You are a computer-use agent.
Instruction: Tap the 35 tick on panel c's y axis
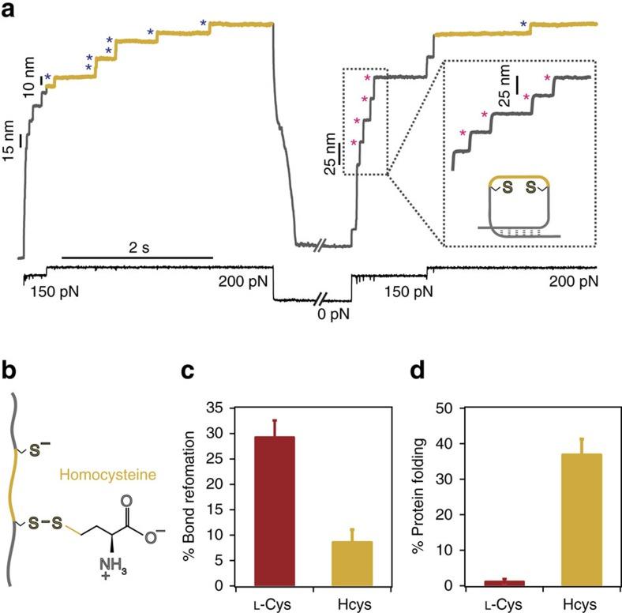pyautogui.click(x=232, y=408)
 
